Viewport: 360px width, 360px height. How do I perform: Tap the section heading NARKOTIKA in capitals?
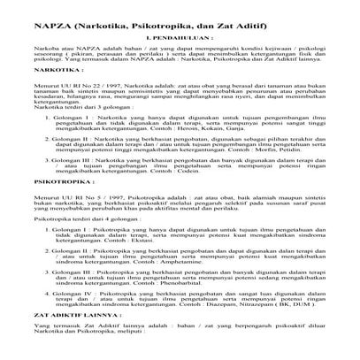(48, 66)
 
